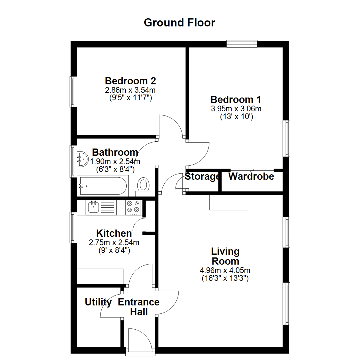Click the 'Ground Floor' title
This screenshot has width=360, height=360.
(180, 23)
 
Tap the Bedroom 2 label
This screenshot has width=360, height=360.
(130, 81)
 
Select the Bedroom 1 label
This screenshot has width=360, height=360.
(236, 99)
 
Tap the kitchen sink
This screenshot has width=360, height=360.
(93, 207)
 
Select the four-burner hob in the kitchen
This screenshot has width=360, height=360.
(133, 207)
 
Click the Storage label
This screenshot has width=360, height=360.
(202, 176)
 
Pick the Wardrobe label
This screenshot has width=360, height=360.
(251, 176)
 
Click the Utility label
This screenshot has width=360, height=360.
(98, 302)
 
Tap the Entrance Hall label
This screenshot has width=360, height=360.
(139, 307)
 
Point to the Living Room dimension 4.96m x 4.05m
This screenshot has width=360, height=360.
(225, 270)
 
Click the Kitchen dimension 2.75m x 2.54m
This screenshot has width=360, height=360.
(114, 243)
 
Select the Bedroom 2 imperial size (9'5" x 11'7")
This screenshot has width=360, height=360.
(130, 98)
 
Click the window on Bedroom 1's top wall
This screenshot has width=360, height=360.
(242, 43)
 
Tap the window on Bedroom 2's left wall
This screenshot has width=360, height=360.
(73, 92)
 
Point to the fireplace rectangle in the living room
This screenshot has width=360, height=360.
(229, 202)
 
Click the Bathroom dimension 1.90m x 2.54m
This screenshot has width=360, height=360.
(115, 162)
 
